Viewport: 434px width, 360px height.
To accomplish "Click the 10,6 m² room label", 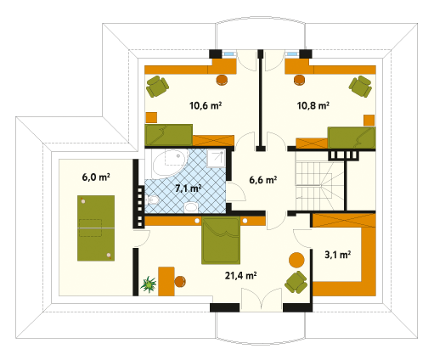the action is point(206,105).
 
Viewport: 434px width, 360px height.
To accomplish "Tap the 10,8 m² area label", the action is point(313,105).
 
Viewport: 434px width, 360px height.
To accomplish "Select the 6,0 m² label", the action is point(96,177).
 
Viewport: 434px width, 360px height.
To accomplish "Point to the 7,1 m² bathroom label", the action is point(189,188).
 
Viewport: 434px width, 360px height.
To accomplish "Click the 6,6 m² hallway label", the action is point(263,180).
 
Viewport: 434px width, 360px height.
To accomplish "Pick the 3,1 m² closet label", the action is point(338,255).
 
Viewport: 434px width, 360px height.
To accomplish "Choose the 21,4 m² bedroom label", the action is point(240,275).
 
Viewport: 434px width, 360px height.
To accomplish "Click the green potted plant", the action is point(149,284).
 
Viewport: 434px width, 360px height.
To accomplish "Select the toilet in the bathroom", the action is point(152,200).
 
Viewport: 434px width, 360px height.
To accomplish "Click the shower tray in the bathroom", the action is point(216,159).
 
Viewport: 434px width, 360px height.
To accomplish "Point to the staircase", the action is point(320,185).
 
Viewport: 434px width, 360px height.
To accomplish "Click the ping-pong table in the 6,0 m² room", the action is point(96,228).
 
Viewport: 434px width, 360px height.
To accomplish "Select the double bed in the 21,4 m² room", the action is point(221,240).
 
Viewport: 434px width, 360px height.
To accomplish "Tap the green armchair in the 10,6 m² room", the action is point(157,86).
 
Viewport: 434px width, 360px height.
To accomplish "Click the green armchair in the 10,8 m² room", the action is point(360,86).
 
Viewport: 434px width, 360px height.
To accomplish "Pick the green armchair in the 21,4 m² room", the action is point(296,282).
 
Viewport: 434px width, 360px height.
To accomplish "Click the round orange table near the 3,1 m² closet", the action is point(296,260).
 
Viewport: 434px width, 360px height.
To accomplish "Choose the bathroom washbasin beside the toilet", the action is point(191,207).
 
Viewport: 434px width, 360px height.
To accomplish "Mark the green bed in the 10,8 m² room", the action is point(352,138).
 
